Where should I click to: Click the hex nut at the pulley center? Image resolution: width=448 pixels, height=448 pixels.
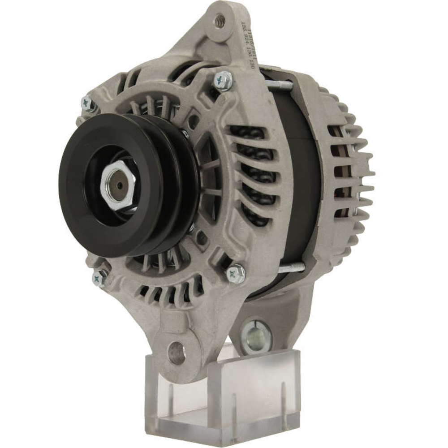pos(118,185)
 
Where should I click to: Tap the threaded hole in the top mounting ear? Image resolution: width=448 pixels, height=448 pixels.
pos(219,20)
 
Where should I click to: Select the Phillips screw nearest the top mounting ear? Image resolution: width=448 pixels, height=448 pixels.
pos(223,81)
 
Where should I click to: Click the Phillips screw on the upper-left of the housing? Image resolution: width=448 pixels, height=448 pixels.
pos(88,104)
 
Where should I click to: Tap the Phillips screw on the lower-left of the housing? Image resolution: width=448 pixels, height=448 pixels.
pos(99,278)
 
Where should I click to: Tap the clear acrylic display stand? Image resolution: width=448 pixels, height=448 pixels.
pos(224,394)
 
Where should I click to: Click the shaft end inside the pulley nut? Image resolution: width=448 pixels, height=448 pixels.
pos(119,185)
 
